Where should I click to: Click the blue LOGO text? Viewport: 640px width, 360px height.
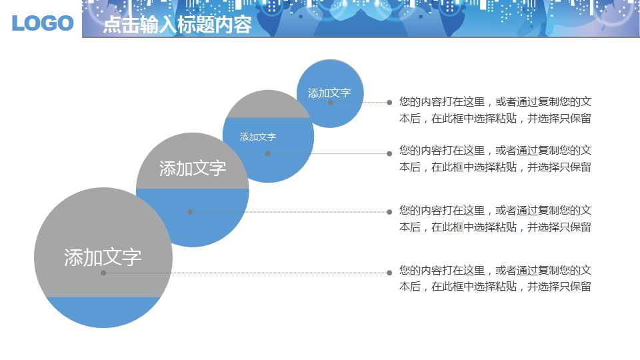[x=43, y=23]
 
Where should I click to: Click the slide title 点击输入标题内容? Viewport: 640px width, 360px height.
[x=177, y=25]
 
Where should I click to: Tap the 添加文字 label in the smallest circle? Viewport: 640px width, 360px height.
[x=329, y=93]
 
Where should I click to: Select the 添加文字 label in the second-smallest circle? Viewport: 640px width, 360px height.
[x=258, y=137]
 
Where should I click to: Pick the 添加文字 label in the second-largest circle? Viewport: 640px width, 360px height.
[x=193, y=168]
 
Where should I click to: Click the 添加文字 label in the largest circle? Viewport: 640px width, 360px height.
[x=103, y=257]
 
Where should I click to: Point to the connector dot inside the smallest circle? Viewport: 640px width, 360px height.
[x=331, y=103]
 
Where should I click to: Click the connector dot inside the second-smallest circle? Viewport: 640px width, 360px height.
[x=267, y=153]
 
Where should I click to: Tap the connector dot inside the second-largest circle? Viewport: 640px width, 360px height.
[x=190, y=212]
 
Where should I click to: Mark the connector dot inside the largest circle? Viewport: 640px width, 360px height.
[x=103, y=273]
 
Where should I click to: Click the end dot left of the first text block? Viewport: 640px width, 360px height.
[x=389, y=103]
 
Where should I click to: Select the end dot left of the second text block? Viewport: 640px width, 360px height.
[x=389, y=153]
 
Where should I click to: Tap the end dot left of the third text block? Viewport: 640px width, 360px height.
[x=389, y=212]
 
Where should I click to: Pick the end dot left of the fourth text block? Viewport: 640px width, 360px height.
[x=389, y=272]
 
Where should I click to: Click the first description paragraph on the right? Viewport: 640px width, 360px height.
[x=495, y=111]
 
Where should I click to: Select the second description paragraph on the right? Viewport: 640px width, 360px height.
[x=495, y=159]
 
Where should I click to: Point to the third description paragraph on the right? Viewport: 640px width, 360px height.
[x=495, y=219]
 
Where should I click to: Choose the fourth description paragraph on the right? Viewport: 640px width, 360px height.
[x=495, y=279]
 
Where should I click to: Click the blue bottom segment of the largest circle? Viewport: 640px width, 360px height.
[x=103, y=312]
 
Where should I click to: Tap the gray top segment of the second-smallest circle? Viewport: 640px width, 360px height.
[x=267, y=105]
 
